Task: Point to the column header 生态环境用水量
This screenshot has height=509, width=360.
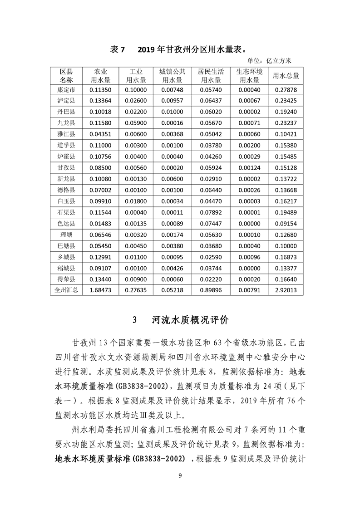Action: pyautogui.click(x=249, y=76)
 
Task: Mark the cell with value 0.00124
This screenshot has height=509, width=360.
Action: pyautogui.click(x=249, y=167)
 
